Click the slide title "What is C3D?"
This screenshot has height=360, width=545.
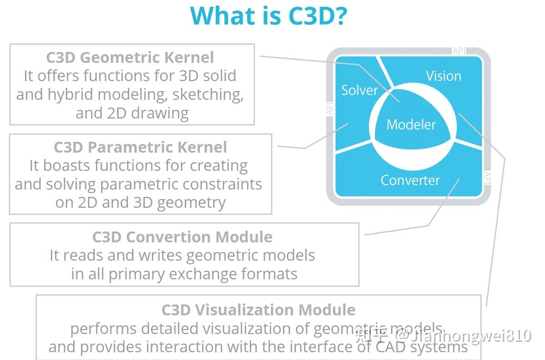click(269, 15)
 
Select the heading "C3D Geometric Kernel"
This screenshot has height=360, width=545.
click(130, 57)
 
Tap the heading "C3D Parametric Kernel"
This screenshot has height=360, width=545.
click(140, 147)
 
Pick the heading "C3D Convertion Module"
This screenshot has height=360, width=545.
click(182, 237)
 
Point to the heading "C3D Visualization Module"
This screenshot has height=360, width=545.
click(258, 310)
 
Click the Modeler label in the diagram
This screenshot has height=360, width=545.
click(411, 124)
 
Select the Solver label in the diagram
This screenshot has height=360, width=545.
click(359, 90)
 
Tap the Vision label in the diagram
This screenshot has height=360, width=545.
click(443, 76)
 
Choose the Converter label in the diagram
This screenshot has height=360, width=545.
click(410, 180)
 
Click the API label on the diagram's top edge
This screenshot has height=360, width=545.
click(459, 51)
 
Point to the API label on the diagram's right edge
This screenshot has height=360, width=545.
click(487, 178)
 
